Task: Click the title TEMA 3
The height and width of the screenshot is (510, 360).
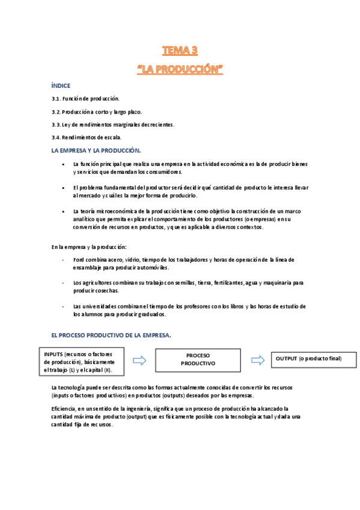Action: point(180,50)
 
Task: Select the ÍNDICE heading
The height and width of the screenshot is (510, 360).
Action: point(61,86)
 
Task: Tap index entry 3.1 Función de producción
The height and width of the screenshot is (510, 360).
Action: point(85,98)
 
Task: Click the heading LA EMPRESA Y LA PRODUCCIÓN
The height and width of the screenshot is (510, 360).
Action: point(96,150)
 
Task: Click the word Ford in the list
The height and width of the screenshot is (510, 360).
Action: point(79,260)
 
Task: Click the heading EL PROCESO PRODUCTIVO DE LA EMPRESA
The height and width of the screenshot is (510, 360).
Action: point(111,336)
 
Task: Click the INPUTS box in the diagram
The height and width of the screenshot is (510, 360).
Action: point(81,362)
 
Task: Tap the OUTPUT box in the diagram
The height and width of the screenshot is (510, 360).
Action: point(308,359)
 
